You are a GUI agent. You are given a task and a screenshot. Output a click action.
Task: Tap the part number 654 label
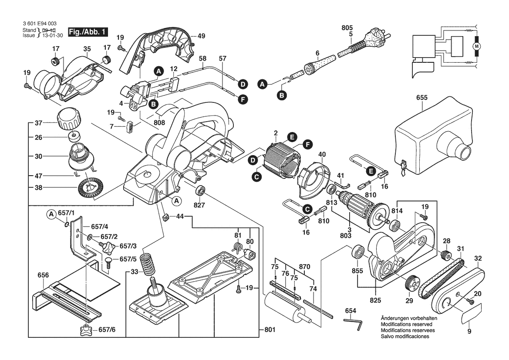point(351,311)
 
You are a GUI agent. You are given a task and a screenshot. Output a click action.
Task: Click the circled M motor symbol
point(476,45)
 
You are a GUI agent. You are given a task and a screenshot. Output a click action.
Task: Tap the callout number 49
point(201,36)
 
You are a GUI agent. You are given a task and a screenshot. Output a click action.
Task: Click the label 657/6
point(106,330)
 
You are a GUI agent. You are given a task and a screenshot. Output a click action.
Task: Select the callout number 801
point(270,330)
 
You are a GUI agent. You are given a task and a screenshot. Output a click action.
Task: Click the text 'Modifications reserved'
point(406,325)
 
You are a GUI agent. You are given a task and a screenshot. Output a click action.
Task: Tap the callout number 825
point(376,300)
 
